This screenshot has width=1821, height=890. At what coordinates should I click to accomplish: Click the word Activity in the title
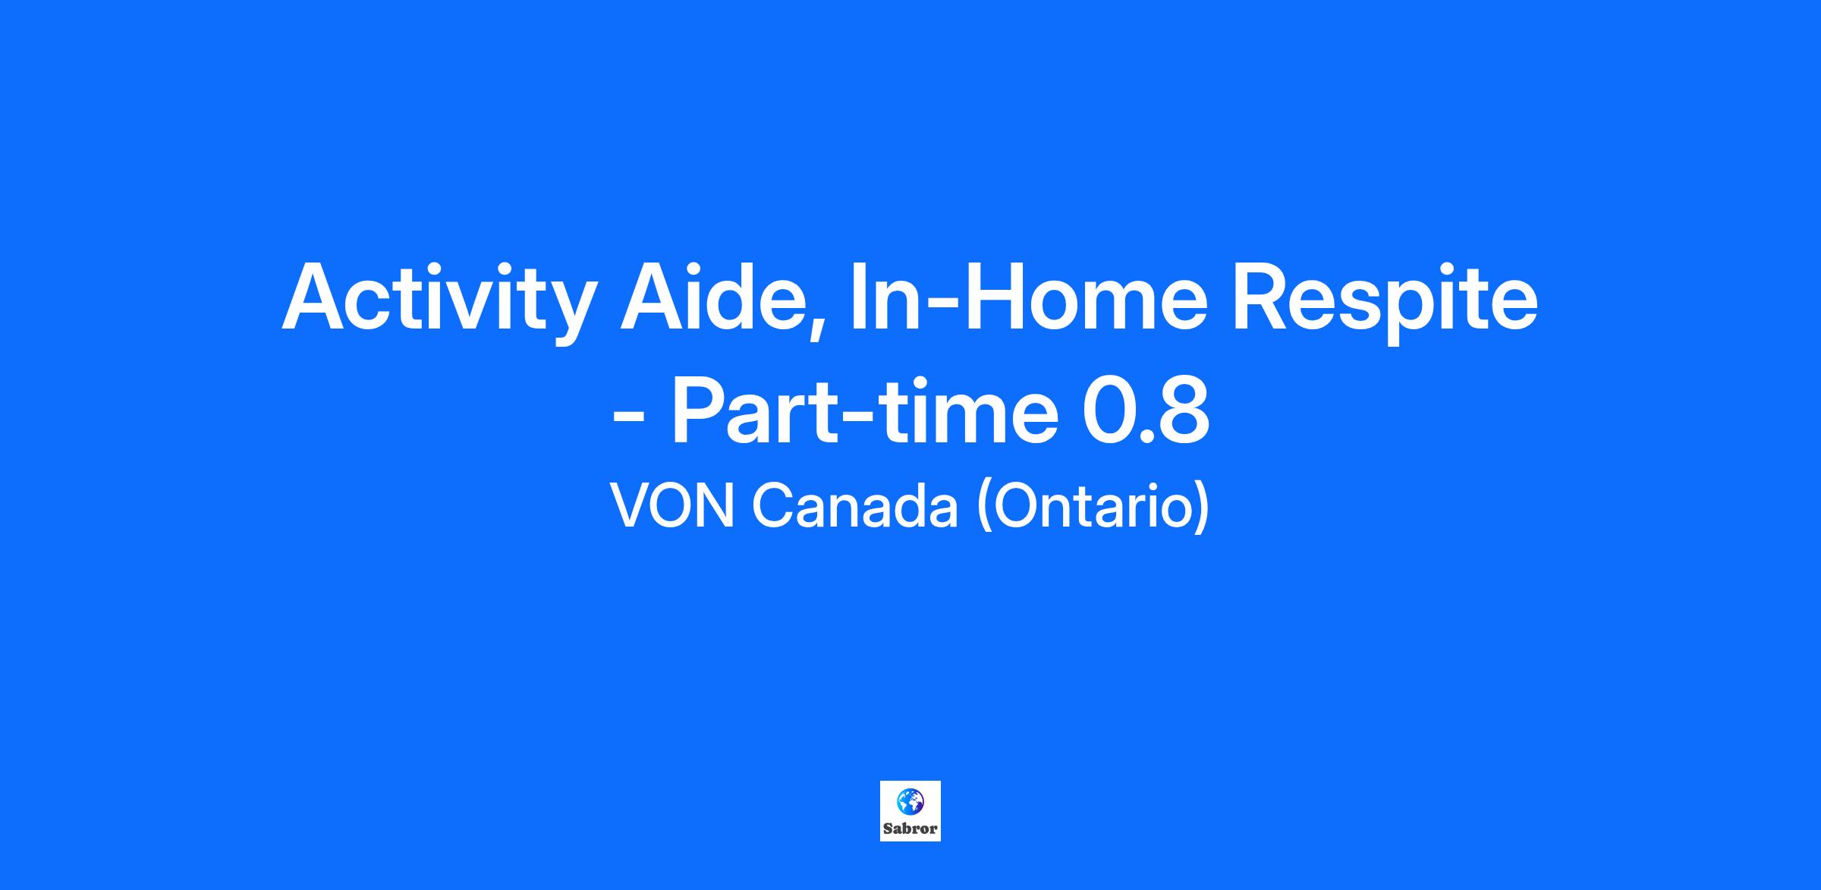tap(436, 300)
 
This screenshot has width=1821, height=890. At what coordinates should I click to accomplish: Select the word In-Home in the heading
tap(1028, 296)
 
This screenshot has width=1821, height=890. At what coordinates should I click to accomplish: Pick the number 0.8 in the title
tap(1146, 411)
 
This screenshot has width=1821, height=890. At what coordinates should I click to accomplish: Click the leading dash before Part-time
tap(628, 420)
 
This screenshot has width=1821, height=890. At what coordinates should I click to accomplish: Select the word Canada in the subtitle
tap(855, 506)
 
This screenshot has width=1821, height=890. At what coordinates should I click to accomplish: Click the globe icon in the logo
tap(910, 801)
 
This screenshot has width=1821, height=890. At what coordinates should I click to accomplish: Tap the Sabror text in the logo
tap(910, 829)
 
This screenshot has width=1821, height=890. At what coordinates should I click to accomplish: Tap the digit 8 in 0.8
tap(1181, 411)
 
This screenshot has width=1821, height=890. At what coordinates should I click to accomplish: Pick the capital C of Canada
tap(772, 506)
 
